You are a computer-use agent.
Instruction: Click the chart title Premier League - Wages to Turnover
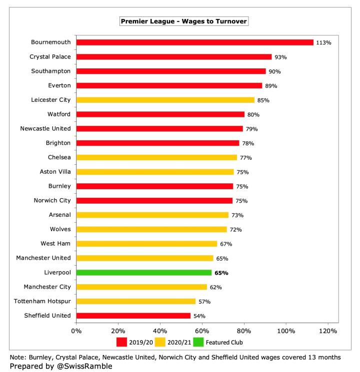[183, 21]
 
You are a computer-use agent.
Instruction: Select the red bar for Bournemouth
[194, 42]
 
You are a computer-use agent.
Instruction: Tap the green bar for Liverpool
[144, 273]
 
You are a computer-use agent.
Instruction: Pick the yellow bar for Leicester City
[165, 100]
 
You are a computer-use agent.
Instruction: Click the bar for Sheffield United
[133, 316]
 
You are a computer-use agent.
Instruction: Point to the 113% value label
[323, 43]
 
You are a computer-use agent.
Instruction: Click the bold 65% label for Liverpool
[221, 273]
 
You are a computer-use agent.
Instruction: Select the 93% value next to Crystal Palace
[281, 57]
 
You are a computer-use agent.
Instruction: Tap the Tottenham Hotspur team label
[47, 301]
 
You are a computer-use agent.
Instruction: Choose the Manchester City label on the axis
[47, 287]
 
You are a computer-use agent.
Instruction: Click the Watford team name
[58, 114]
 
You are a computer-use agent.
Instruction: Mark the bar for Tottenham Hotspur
[136, 302]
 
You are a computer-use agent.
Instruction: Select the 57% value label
[204, 302]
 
